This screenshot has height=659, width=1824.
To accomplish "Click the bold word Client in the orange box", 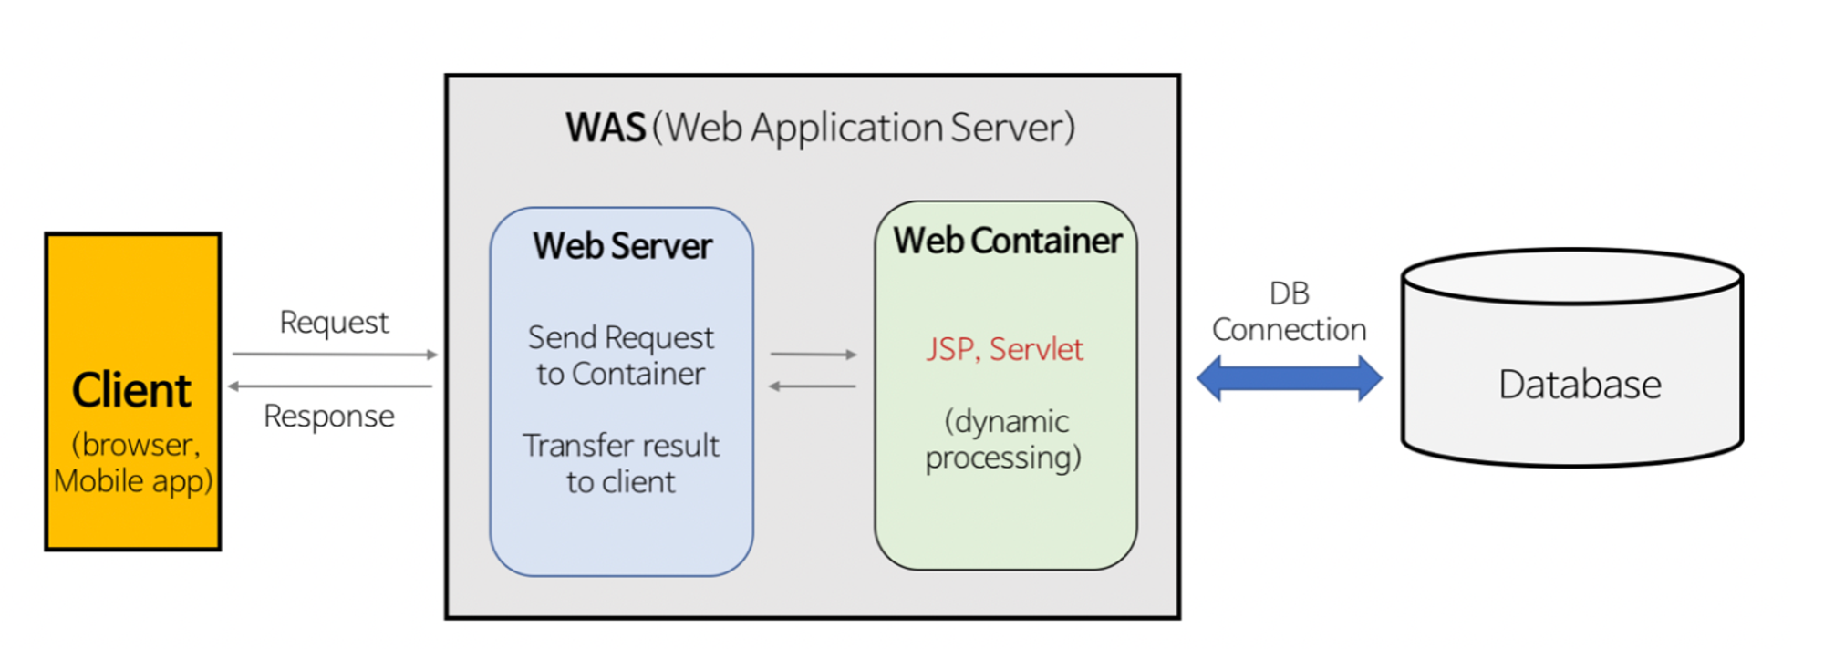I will click(131, 390).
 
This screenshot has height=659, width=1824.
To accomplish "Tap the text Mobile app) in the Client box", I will click(133, 480).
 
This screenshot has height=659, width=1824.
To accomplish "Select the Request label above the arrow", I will click(334, 322).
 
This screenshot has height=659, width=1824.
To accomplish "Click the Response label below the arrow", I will click(329, 417).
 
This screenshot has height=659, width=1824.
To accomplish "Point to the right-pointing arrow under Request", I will click(335, 354).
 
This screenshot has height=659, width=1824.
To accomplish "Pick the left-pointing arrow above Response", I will click(330, 386).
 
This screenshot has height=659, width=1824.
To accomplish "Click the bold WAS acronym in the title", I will click(605, 128).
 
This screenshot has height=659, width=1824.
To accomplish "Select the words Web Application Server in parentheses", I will click(864, 128).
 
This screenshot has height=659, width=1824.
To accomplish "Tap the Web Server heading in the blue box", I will click(622, 246).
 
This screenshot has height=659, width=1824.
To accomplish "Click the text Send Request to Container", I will click(621, 355).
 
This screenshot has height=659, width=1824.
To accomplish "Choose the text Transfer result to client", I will click(621, 463).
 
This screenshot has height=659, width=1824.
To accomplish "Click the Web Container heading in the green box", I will click(1007, 241).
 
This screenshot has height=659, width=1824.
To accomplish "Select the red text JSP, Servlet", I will click(1005, 349).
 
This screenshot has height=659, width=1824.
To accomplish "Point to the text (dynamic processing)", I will click(1004, 439).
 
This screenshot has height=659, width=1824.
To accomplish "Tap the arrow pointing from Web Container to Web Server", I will click(812, 386).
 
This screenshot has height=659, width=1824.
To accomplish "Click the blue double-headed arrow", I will click(1289, 377).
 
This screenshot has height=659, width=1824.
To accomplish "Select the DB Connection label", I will click(1289, 312).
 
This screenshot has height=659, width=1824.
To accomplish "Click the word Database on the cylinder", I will click(1580, 385).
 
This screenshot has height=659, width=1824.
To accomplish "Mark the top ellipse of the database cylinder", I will click(1571, 277).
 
